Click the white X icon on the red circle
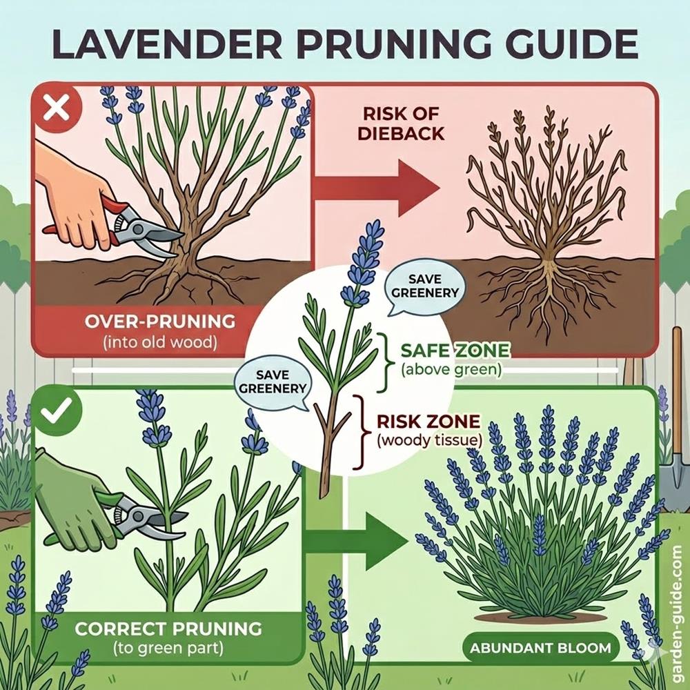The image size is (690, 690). [x=57, y=108]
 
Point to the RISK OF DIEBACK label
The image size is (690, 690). [x=401, y=124]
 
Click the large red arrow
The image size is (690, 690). [x=377, y=188]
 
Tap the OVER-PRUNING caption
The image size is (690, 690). [x=160, y=331]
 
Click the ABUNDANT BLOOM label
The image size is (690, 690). [x=540, y=648]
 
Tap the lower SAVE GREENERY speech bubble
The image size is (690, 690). [x=273, y=382]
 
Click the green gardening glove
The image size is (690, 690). [x=75, y=502]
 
